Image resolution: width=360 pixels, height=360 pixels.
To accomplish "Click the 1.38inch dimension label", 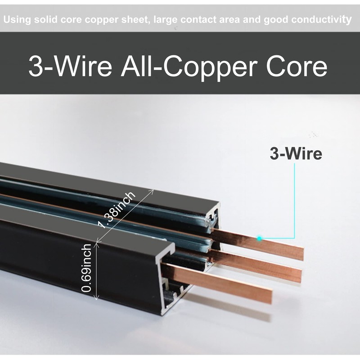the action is [x=117, y=210].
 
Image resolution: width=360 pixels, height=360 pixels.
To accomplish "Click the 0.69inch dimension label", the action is [x=86, y=268].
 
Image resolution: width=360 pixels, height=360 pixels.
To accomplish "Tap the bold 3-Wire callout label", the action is [x=296, y=153].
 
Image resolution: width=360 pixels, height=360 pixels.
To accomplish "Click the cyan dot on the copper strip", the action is [x=259, y=238].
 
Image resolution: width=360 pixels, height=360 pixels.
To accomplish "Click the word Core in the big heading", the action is [x=297, y=66].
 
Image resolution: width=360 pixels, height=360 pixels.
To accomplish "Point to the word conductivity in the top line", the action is [x=321, y=19].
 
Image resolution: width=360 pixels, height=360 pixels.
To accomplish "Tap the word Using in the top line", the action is [x=18, y=20].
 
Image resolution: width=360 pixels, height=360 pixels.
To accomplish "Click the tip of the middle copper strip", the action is [x=301, y=276].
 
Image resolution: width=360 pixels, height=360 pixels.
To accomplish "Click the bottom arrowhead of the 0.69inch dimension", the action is [x=96, y=298].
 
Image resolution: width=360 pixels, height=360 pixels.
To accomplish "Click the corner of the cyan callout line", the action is [x=294, y=238].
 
